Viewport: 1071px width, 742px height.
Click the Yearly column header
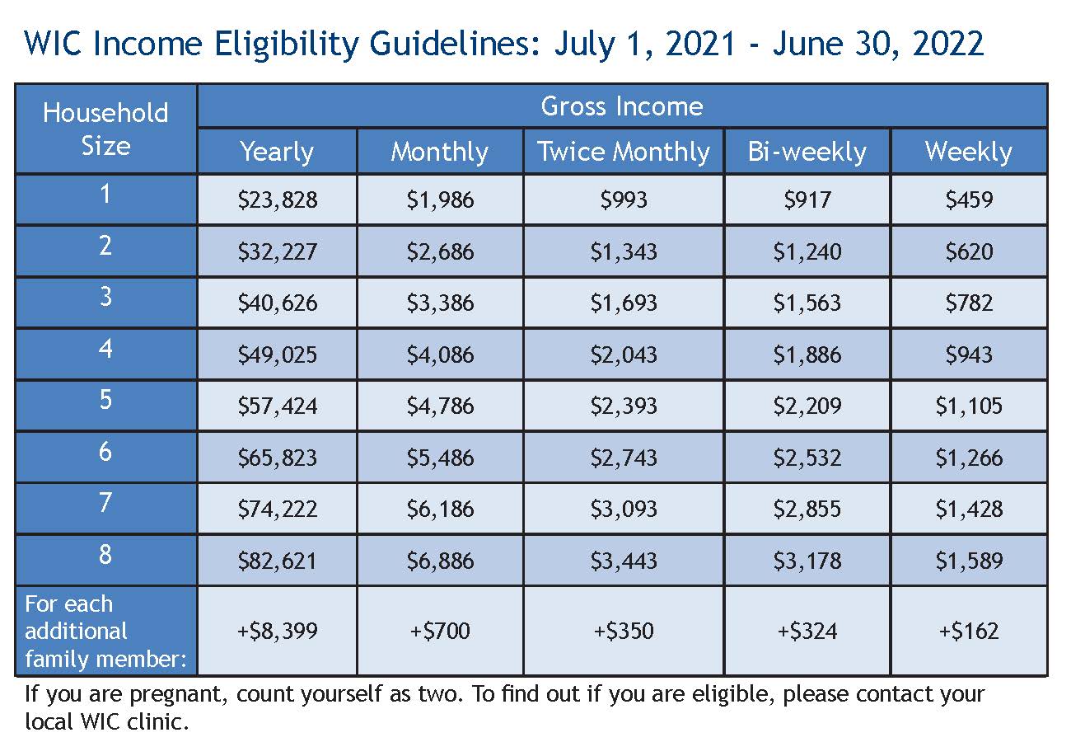point(277,152)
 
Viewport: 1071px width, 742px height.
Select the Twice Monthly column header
point(624,152)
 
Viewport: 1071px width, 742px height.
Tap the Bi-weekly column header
point(807,152)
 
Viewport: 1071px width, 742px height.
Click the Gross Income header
point(622,106)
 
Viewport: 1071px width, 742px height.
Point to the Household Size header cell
point(105,129)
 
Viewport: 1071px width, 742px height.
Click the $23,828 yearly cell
point(277,200)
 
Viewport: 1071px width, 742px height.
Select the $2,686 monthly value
point(440,251)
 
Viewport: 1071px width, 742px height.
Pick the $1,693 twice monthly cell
point(624,303)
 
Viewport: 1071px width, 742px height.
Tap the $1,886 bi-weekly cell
point(807,355)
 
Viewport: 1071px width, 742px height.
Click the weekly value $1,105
point(969,406)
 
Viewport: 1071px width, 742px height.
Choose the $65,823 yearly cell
point(277,458)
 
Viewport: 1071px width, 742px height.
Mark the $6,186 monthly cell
point(440,509)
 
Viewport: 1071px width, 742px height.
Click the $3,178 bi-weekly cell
point(807,561)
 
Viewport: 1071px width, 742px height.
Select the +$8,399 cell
point(277,632)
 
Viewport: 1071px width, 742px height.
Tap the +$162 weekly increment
point(969,632)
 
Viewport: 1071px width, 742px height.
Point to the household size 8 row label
point(105,554)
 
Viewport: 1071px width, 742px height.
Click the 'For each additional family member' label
point(105,632)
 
